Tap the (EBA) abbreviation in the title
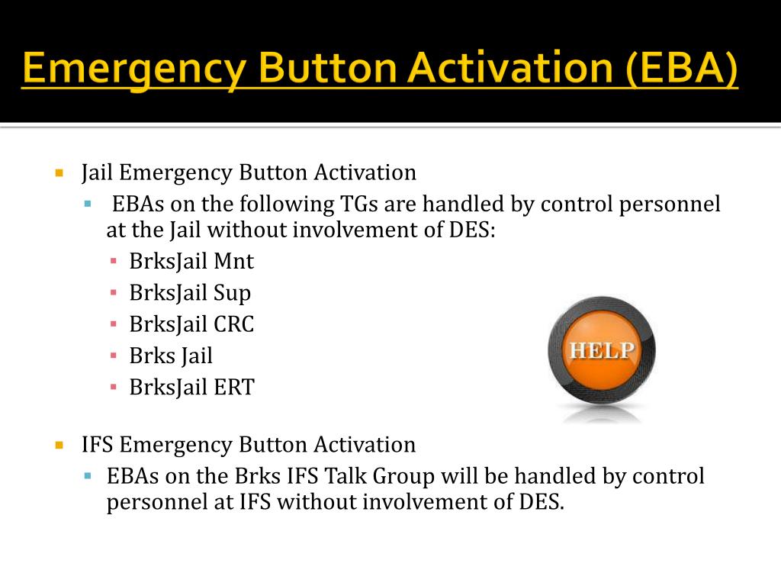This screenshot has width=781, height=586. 682,70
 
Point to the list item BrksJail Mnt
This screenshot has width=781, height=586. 191,262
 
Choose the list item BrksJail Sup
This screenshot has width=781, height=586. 190,293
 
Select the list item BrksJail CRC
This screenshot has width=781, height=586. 191,324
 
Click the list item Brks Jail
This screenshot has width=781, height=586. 171,356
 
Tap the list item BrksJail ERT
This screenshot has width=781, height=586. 191,387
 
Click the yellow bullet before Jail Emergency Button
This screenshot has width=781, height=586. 59,173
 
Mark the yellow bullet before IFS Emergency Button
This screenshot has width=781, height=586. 59,445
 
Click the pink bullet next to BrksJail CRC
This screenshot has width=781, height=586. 114,325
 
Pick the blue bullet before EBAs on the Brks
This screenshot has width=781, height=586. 88,477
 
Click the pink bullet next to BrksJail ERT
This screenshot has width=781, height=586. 114,388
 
